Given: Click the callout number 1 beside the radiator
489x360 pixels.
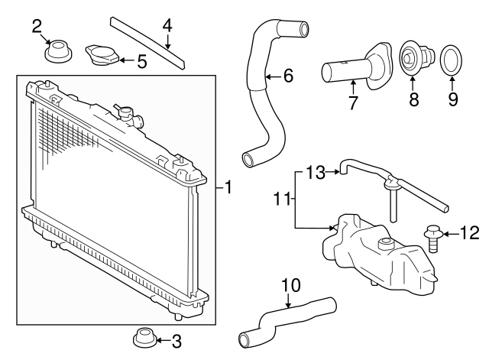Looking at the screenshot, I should coord(228,185).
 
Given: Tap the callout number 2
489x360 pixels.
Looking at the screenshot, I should coord(37,28).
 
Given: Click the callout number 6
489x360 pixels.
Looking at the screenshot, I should coord(288,75).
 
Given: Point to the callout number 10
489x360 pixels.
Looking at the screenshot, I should coord(289,285).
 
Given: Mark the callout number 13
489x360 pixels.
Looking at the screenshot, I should coord(316,173).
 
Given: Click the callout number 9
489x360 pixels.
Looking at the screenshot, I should coord(452,99).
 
